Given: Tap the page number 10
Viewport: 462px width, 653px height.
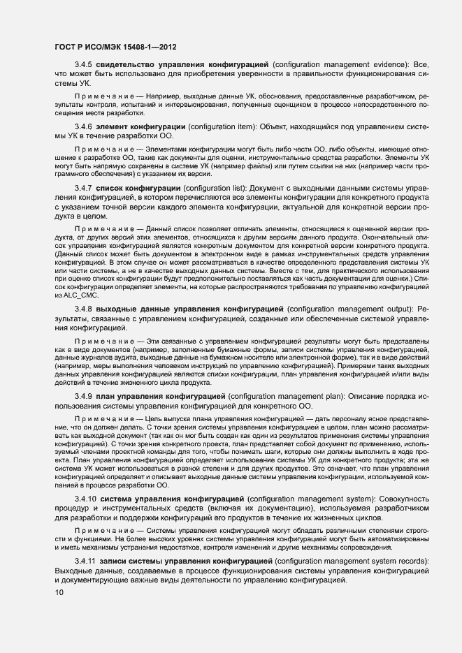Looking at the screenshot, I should click(59, 593).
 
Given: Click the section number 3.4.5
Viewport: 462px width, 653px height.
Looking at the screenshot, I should click(83, 64).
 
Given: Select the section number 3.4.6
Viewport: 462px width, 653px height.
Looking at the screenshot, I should click(83, 126).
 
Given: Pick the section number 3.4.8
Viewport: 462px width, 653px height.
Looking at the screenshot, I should click(83, 309).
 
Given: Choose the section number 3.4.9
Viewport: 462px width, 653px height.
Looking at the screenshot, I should click(83, 397).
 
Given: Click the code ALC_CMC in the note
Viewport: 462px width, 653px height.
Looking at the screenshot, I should click(78, 296).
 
